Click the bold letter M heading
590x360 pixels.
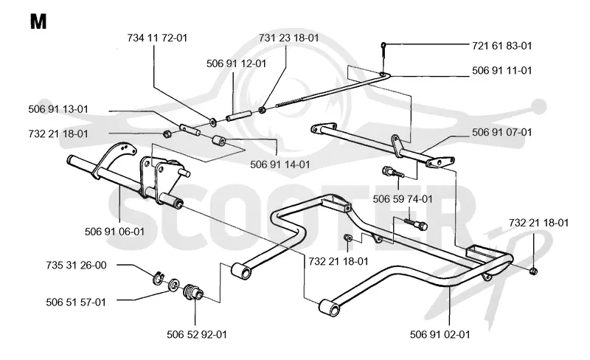tap(38, 21)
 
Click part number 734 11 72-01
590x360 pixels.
tap(157, 38)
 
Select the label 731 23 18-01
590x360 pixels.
tap(288, 38)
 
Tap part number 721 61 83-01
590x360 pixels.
tap(502, 46)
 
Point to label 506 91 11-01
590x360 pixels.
tap(502, 71)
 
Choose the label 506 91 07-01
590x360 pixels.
tap(502, 133)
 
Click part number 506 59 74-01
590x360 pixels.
tap(403, 199)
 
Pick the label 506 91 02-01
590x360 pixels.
tap(440, 334)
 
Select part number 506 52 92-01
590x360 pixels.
tap(197, 334)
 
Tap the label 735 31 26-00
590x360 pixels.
tap(77, 266)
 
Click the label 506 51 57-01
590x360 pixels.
tap(76, 302)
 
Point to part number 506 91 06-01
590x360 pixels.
tap(115, 232)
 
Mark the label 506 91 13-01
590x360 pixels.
tap(58, 109)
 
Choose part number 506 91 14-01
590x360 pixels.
tap(280, 165)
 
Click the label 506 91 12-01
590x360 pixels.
tap(236, 63)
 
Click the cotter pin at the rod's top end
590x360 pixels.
tap(383, 49)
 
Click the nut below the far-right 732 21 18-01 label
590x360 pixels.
tap(532, 271)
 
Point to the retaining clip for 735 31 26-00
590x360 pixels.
tap(159, 277)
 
